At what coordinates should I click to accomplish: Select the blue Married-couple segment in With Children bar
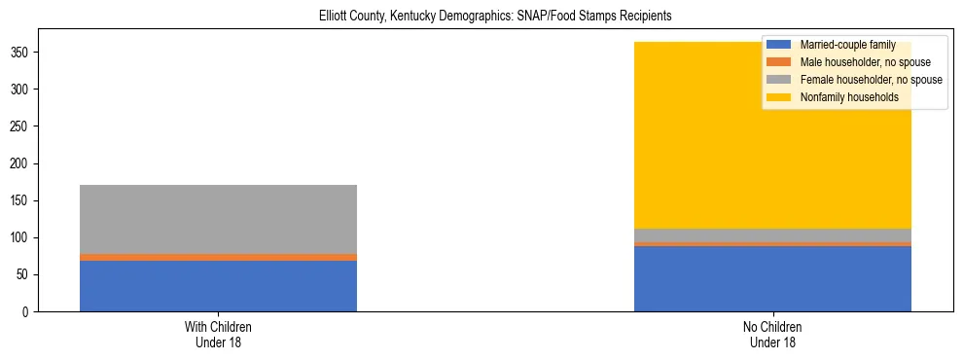coord(218,286)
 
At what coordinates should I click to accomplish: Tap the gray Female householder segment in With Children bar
coord(218,219)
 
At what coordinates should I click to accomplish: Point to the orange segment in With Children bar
coord(218,257)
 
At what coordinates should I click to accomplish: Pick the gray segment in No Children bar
coord(772,234)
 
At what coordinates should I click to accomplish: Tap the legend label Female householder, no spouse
coord(871,80)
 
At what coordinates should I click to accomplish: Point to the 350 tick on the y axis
coord(29,52)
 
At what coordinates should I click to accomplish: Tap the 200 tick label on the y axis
coord(29,163)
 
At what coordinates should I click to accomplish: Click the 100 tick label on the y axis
coord(29,237)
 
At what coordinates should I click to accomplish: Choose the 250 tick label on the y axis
coord(29,126)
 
